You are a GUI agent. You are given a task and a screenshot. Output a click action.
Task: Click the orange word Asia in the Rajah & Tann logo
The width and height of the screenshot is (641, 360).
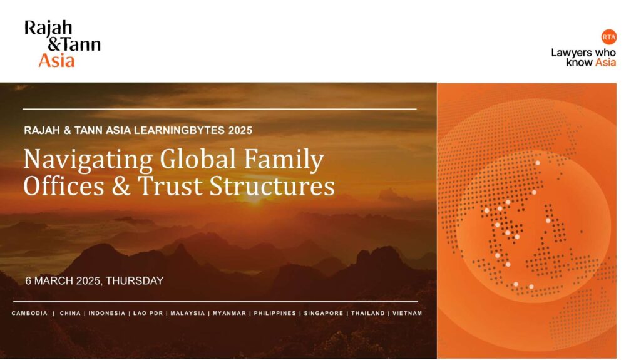(x=56, y=61)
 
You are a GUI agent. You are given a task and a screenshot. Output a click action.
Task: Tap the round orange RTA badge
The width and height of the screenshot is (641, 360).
(x=608, y=37)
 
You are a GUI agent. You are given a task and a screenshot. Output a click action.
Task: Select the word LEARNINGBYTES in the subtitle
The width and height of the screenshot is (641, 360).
(x=180, y=130)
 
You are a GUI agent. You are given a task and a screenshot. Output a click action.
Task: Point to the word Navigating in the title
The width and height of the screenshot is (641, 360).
(x=88, y=160)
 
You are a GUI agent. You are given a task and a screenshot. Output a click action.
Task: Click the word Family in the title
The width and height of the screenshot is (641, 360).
(x=284, y=160)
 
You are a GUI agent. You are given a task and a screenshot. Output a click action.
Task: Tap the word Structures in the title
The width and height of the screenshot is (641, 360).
(x=272, y=186)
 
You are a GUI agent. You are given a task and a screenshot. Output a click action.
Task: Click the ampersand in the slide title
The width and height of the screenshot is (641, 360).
(x=121, y=186)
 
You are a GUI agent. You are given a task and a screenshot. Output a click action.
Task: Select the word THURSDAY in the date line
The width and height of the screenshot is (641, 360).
(x=135, y=281)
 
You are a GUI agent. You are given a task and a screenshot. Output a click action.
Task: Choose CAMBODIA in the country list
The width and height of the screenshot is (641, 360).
(x=29, y=314)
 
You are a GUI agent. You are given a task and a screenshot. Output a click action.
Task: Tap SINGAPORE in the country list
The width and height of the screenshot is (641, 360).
(x=324, y=314)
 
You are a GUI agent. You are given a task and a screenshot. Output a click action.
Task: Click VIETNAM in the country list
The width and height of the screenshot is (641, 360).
(x=407, y=314)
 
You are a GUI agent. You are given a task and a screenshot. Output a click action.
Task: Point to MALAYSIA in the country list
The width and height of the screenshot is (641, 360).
(x=188, y=314)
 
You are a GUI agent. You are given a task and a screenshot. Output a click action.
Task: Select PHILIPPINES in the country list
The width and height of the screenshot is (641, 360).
(x=275, y=314)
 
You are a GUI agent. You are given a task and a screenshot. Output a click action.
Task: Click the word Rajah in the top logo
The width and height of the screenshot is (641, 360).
(x=48, y=28)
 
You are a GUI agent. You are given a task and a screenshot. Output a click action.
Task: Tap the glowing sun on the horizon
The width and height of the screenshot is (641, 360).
(x=254, y=199)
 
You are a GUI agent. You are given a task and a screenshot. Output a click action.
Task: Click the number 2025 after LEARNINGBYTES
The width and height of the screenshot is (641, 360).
(x=240, y=130)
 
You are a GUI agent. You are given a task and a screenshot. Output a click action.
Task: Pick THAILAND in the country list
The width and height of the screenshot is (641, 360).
(x=368, y=314)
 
